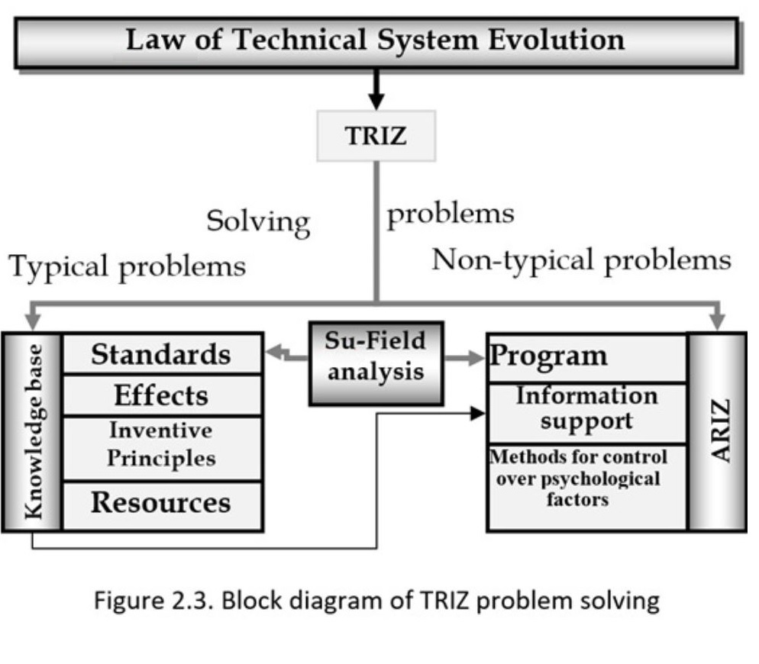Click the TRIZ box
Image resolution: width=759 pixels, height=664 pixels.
pyautogui.click(x=376, y=136)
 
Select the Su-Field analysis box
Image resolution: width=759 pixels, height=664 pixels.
pyautogui.click(x=376, y=363)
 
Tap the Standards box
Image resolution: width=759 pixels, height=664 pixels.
pyautogui.click(x=161, y=354)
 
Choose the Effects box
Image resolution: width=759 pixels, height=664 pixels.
pyautogui.click(x=161, y=395)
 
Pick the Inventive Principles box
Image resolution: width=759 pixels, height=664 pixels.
pyautogui.click(x=161, y=444)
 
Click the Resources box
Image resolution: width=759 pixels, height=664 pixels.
pyautogui.click(x=161, y=503)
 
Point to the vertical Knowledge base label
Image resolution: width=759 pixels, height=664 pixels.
pyautogui.click(x=32, y=431)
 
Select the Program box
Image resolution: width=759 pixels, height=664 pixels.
pyautogui.click(x=586, y=356)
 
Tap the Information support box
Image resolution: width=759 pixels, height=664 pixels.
pyautogui.click(x=586, y=408)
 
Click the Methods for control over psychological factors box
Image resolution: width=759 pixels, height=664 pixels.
pyautogui.click(x=586, y=479)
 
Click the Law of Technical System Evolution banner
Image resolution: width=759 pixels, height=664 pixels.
pyautogui.click(x=376, y=41)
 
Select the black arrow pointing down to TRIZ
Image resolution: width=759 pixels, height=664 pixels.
pyautogui.click(x=375, y=92)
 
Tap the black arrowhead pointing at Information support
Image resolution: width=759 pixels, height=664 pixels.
pyautogui.click(x=478, y=414)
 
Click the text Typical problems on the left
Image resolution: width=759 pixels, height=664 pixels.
pyautogui.click(x=128, y=267)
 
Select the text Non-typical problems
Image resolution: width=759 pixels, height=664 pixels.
pyautogui.click(x=581, y=261)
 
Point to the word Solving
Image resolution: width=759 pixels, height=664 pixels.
pyautogui.click(x=258, y=223)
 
